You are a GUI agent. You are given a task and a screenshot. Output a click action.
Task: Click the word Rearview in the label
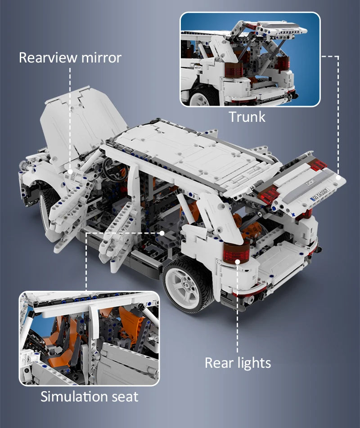coord(48,58)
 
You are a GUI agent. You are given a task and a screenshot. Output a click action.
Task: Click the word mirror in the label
coord(101,58)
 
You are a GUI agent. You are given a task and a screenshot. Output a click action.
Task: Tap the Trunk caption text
coord(247,117)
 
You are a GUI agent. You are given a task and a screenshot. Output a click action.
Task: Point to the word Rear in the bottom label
coord(219,363)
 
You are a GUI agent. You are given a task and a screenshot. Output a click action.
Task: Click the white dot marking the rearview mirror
coord(70,172)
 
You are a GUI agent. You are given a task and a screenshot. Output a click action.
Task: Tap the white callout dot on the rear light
coord(237,262)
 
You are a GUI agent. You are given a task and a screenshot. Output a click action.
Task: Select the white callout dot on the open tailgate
coord(338,177)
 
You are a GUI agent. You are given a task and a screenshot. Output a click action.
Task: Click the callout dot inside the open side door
coord(162,233)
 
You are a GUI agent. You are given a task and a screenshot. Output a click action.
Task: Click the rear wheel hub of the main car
coord(186,285)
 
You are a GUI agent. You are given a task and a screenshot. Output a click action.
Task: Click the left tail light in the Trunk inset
coord(234,67)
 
